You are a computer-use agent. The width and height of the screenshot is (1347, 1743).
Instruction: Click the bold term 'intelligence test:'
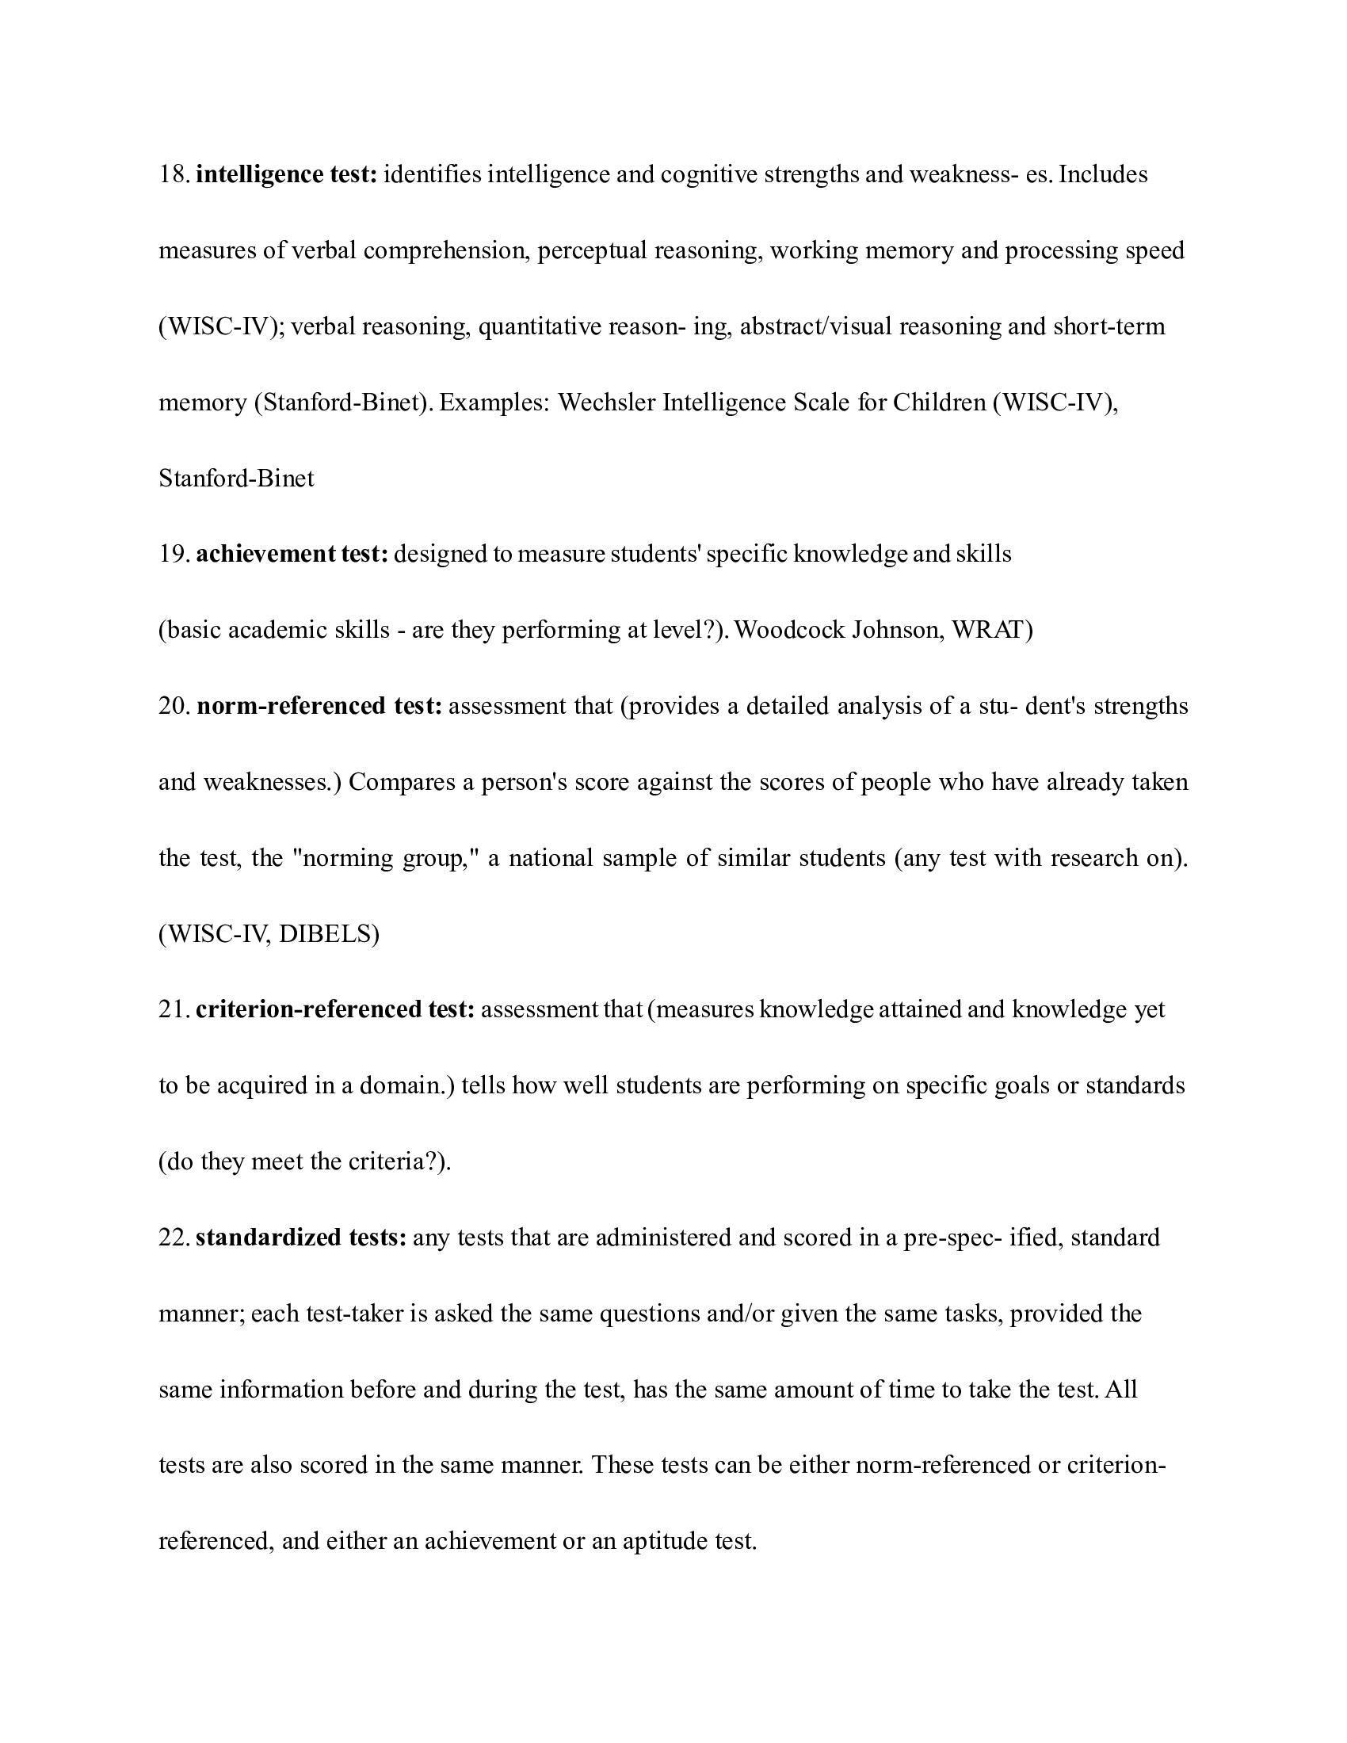coord(286,175)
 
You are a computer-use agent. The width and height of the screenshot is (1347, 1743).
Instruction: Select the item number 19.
coord(173,554)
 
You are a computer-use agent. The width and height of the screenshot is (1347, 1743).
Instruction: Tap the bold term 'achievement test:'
coord(292,554)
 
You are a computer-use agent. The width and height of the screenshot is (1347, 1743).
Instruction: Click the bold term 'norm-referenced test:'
coord(319,706)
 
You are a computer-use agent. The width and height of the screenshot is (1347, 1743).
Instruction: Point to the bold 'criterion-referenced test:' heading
coord(335,1009)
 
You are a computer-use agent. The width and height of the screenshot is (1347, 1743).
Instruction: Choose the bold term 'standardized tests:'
coord(301,1238)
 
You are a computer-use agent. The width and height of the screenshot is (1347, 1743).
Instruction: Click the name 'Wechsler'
coord(606,402)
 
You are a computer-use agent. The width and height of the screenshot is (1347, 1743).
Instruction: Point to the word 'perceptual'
coord(591,250)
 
